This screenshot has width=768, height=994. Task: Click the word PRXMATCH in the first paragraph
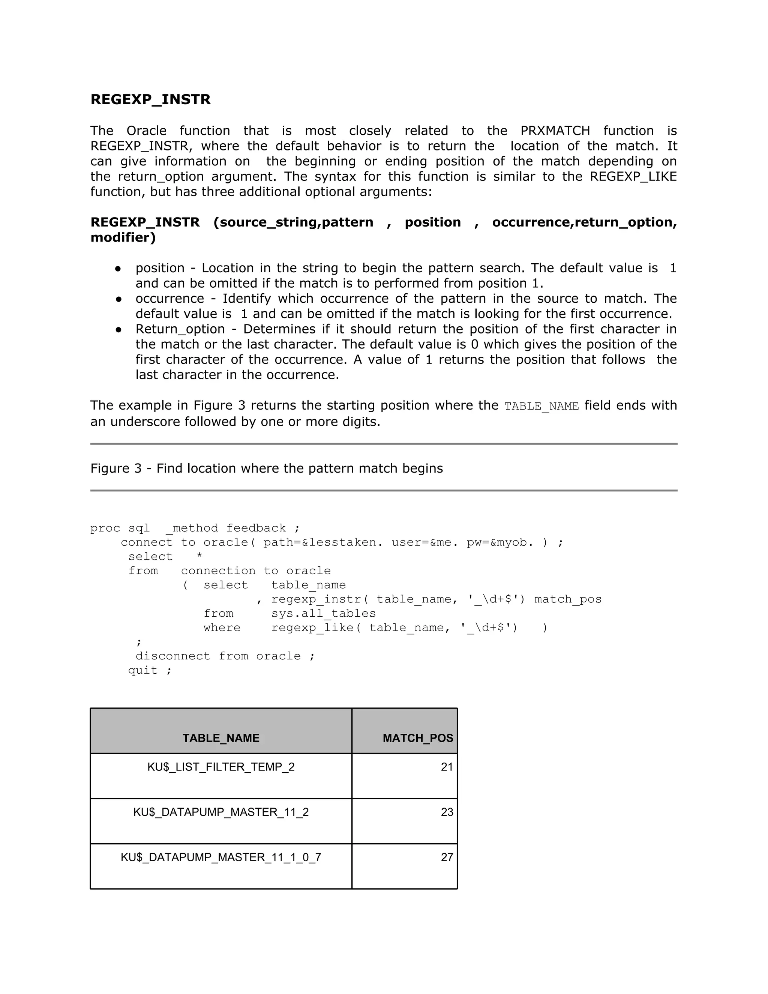[555, 131]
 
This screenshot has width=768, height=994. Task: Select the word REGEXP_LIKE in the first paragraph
[633, 177]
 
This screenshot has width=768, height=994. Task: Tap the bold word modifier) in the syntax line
[123, 237]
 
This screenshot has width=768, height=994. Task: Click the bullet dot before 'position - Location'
[118, 269]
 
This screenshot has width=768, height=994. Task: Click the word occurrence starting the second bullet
[170, 299]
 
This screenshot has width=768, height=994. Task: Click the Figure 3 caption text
[267, 468]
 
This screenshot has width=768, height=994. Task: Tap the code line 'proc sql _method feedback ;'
[195, 528]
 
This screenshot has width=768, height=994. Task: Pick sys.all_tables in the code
[324, 614]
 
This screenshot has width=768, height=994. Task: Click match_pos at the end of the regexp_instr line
[568, 599]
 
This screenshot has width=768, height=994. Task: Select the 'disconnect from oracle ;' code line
[225, 656]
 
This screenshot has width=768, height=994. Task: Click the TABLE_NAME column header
[221, 738]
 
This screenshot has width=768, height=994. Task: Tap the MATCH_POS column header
[418, 738]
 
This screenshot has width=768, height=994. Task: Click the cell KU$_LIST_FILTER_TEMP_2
[221, 767]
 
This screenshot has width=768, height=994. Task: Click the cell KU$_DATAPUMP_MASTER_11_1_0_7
[221, 857]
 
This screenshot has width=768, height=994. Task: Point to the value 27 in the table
[447, 857]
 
